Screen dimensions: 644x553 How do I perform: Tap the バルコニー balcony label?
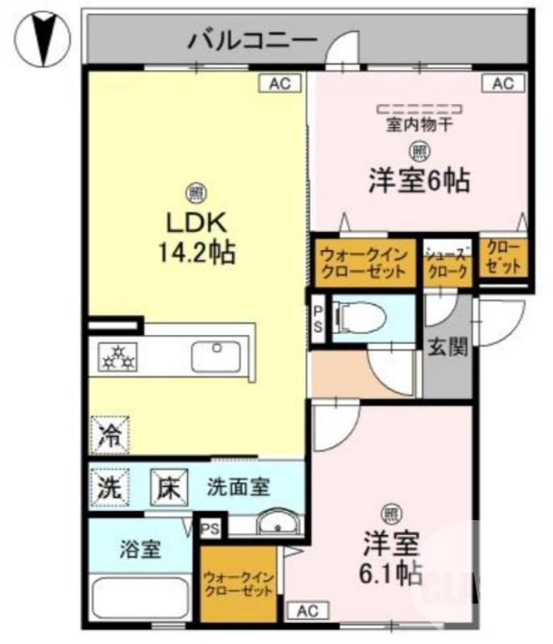pyautogui.click(x=247, y=38)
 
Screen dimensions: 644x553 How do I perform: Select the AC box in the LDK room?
pyautogui.click(x=279, y=83)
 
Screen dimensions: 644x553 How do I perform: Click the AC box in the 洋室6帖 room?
pyautogui.click(x=503, y=83)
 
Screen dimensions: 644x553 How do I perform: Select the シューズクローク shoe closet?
pyautogui.click(x=447, y=262)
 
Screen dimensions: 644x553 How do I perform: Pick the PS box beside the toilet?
pyautogui.click(x=318, y=320)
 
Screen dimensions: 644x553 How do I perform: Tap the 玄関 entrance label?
pyautogui.click(x=448, y=348)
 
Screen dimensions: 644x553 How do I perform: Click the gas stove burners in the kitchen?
pyautogui.click(x=118, y=356)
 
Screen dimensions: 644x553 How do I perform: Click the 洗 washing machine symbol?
pyautogui.click(x=108, y=485)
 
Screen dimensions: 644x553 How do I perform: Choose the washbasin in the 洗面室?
pyautogui.click(x=279, y=525)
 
